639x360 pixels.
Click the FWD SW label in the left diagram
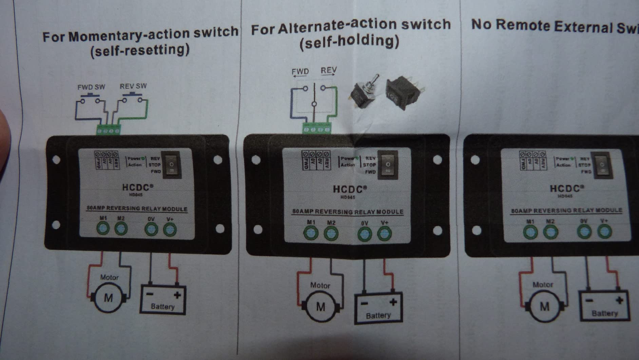pyautogui.click(x=91, y=87)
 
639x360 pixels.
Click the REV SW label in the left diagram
pyautogui.click(x=133, y=86)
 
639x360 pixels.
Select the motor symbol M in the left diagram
pyautogui.click(x=108, y=298)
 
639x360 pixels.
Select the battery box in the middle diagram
pyautogui.click(x=378, y=307)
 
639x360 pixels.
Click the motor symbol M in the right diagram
pyautogui.click(x=544, y=306)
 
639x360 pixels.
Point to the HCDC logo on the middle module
pyautogui.click(x=349, y=189)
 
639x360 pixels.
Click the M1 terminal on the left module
pyautogui.click(x=103, y=228)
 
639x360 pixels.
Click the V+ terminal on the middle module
pyautogui.click(x=384, y=233)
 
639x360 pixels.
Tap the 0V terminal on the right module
pyautogui.click(x=584, y=232)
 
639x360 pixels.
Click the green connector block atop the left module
pyautogui.click(x=108, y=130)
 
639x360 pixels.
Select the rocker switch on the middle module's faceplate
pyautogui.click(x=388, y=165)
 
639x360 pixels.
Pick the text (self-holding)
pyautogui.click(x=349, y=42)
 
